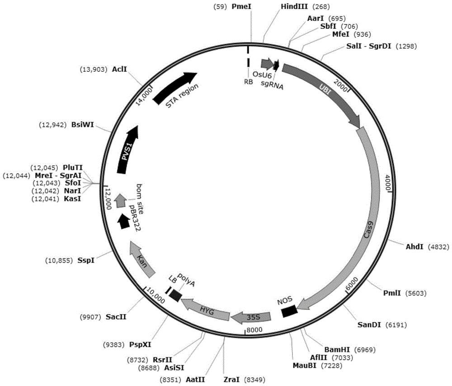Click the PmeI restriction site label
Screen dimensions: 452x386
click(x=241, y=6)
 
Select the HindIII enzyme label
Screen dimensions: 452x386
click(x=294, y=6)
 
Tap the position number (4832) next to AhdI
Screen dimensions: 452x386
click(x=438, y=246)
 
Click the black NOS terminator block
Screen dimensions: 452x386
click(x=289, y=311)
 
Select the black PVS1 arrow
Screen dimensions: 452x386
click(x=128, y=149)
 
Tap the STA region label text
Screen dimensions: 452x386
click(x=182, y=96)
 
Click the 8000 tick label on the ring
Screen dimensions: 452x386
click(x=254, y=330)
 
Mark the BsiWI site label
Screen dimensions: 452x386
click(x=82, y=125)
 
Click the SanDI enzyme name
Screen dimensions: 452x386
click(x=369, y=325)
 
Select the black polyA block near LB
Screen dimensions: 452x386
click(x=175, y=295)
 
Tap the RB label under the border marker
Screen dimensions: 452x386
click(x=249, y=82)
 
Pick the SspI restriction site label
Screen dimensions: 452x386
click(x=86, y=260)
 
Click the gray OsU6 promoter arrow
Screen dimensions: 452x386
click(x=267, y=64)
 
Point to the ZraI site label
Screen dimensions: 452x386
click(x=231, y=380)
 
